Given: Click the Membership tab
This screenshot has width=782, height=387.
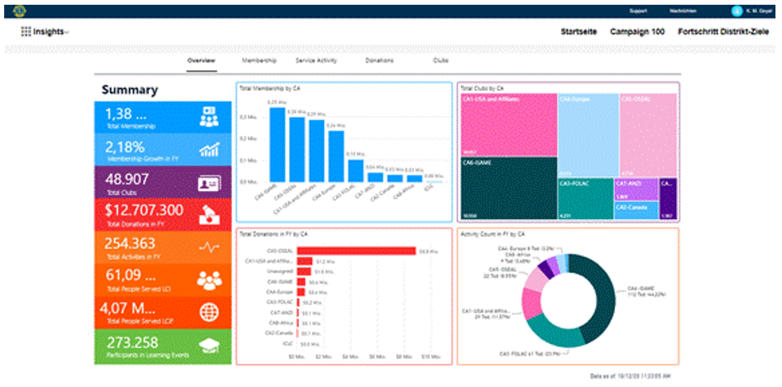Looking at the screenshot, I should coord(259,61).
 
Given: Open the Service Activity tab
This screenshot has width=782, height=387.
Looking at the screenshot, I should coord(316,61).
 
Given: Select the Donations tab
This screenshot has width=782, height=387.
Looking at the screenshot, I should coord(379,61).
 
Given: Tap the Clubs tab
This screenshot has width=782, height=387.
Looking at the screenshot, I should coord(441,61).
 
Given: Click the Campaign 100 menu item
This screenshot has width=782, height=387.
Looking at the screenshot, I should coord(637,32).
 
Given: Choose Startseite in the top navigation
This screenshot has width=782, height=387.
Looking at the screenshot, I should coord(579,32).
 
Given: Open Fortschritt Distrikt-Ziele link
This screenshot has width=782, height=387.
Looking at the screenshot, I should coord(723,32).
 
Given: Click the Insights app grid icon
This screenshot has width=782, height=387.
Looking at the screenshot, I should coord(26,32).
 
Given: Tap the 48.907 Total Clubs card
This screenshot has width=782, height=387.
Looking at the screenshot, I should coord(162,183).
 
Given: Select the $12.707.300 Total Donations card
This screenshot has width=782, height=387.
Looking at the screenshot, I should coord(162,214).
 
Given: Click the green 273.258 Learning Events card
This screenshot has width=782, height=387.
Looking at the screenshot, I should coord(162,347).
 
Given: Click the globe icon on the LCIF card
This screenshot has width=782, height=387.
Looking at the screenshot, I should coord(209,313).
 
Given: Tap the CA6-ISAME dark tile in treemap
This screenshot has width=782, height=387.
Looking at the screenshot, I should coord(508,188).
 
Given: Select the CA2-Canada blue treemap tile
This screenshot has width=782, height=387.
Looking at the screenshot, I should coord(636,210).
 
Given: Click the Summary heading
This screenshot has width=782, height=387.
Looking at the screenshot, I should coord(130,90).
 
